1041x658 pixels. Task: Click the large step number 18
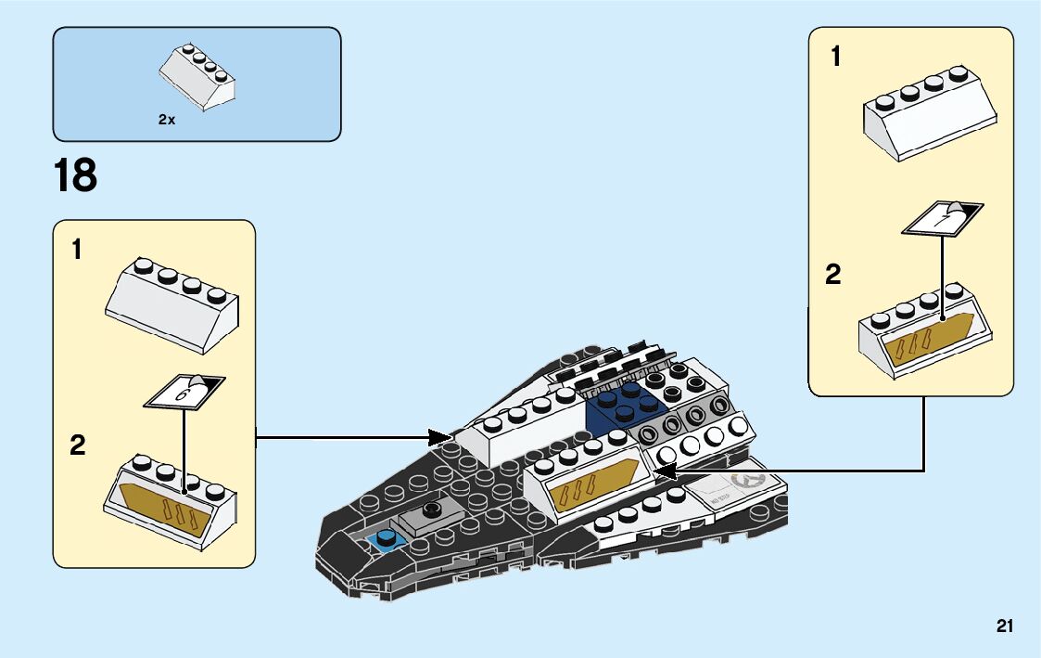pyautogui.click(x=76, y=175)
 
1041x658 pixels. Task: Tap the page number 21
pyautogui.click(x=1005, y=626)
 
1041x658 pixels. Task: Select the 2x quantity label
pyautogui.click(x=167, y=120)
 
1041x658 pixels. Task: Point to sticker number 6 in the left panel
pyautogui.click(x=185, y=392)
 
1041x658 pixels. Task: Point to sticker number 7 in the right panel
pyautogui.click(x=943, y=218)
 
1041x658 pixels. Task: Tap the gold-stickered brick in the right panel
pyautogui.click(x=925, y=335)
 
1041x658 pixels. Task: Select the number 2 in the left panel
pyautogui.click(x=78, y=446)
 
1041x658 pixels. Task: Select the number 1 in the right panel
pyautogui.click(x=836, y=58)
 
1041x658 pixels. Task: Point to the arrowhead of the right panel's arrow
pyautogui.click(x=662, y=471)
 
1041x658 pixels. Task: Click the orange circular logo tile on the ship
pyautogui.click(x=748, y=481)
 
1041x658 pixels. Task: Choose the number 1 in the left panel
pyautogui.click(x=78, y=250)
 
